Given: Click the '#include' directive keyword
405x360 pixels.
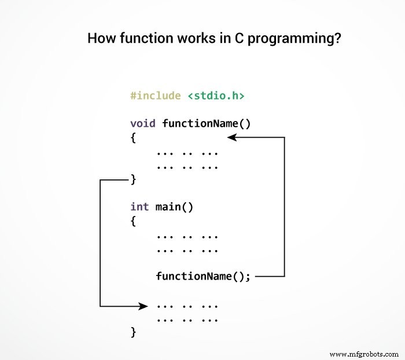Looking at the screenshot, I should (156, 95).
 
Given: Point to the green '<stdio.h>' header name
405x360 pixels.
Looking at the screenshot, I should (215, 95).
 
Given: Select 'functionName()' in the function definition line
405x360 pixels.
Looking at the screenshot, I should (207, 123).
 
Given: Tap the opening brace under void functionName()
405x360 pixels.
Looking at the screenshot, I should (134, 138).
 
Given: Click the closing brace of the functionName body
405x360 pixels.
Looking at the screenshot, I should (134, 179).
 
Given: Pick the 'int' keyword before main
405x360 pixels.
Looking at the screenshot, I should (140, 207).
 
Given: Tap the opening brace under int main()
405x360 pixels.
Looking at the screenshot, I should (134, 221).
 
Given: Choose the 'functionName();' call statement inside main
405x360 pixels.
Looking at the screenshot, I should (203, 276).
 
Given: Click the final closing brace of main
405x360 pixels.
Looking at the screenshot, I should (134, 332).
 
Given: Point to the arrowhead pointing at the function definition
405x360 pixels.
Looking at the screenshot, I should (231, 137).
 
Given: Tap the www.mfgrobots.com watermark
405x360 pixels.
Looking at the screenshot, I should (363, 353).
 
